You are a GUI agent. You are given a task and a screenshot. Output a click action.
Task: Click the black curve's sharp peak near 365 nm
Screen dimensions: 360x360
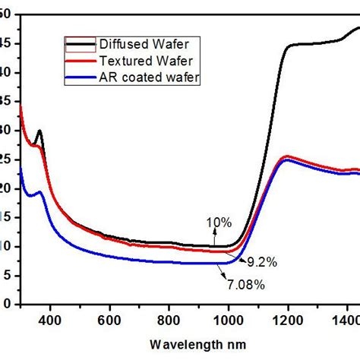(x=39, y=131)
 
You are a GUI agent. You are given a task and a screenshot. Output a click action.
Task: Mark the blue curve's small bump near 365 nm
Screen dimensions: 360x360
(x=39, y=192)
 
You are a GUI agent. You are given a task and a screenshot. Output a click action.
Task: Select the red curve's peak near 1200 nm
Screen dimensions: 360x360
(x=287, y=156)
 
